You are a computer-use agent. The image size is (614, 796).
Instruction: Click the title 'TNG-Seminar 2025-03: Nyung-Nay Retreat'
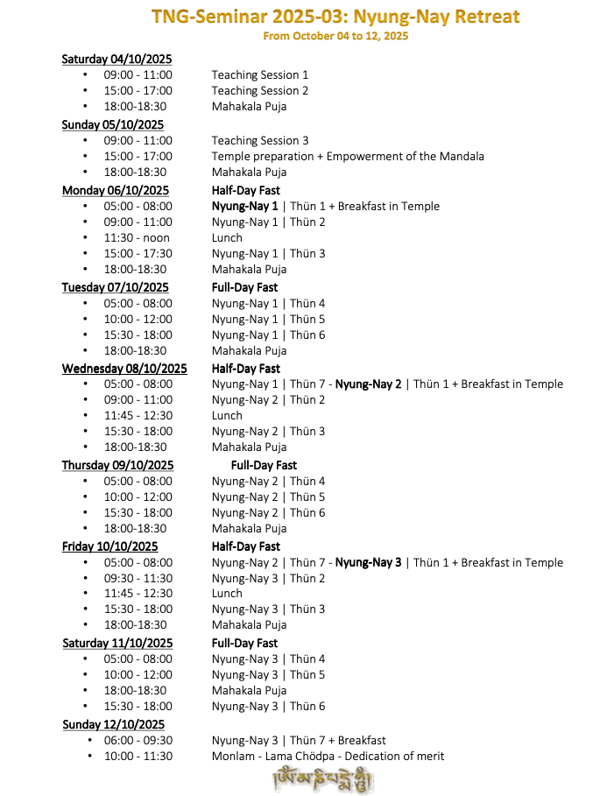point(335,17)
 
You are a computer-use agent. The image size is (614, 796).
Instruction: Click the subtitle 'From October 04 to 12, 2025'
point(335,36)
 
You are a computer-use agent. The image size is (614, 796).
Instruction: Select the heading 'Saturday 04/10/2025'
point(116,59)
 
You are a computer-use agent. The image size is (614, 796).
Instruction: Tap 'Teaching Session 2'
point(259,91)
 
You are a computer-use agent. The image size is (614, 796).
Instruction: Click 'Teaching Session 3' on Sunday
point(259,140)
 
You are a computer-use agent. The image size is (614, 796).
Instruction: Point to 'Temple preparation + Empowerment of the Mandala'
point(348,157)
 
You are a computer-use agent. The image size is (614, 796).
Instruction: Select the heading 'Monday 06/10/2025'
point(115,190)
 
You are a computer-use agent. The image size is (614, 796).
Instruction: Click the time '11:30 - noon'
point(137,238)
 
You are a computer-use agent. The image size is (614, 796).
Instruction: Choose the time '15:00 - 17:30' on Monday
point(138,254)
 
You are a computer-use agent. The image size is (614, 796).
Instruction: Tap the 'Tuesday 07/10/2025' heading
point(115,287)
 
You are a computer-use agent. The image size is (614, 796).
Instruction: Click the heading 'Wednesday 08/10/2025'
point(124,369)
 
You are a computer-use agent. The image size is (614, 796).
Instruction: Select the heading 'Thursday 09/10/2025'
point(117,465)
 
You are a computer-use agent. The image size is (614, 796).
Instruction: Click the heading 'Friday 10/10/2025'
point(109,546)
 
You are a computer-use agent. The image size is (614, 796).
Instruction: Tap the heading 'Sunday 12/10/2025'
point(113,724)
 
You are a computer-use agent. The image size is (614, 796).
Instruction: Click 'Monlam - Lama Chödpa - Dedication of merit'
point(328,756)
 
